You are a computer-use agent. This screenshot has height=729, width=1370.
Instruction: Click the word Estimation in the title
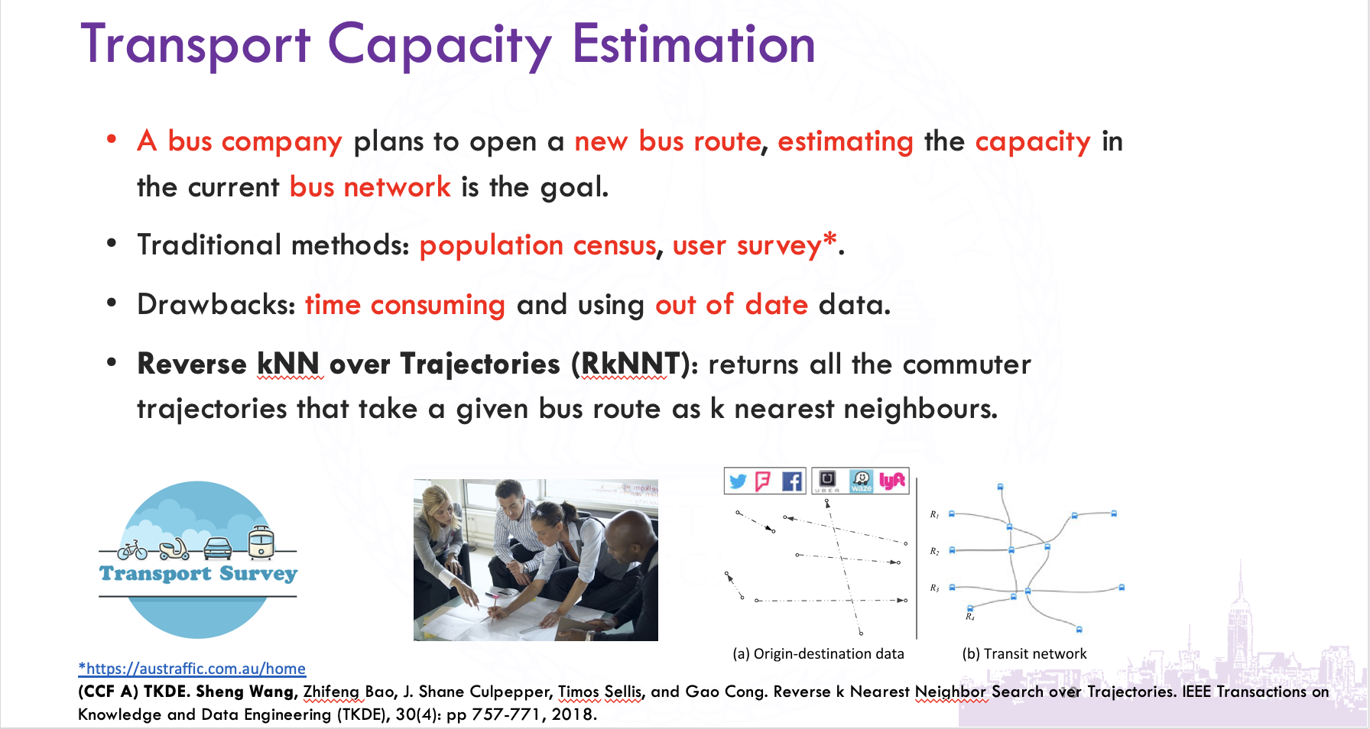click(x=693, y=44)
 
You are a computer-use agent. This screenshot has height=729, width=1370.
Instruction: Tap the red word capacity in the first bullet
click(x=1033, y=143)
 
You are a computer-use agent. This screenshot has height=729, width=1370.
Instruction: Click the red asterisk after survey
click(x=829, y=240)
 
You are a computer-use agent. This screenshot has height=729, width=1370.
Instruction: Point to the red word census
click(x=615, y=246)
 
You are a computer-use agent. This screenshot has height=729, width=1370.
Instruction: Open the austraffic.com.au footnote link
click(x=192, y=669)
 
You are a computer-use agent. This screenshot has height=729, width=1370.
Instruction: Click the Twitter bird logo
click(x=738, y=481)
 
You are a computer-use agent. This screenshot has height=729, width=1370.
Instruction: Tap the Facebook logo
click(x=792, y=481)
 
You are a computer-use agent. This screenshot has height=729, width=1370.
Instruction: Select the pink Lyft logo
click(x=892, y=481)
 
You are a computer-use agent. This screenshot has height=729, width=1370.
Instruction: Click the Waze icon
click(x=862, y=481)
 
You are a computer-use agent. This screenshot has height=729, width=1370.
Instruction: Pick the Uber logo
click(x=827, y=481)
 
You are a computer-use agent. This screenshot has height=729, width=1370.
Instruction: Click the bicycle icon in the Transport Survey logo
click(x=133, y=549)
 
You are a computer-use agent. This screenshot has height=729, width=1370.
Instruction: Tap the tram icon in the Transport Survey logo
click(x=261, y=542)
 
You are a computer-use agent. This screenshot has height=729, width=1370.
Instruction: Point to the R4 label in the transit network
click(x=969, y=617)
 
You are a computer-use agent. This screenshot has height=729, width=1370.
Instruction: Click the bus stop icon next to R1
click(x=952, y=514)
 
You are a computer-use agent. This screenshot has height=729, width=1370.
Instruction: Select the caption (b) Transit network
click(x=1024, y=654)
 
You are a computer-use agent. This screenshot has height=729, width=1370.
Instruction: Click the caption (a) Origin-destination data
click(x=818, y=654)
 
